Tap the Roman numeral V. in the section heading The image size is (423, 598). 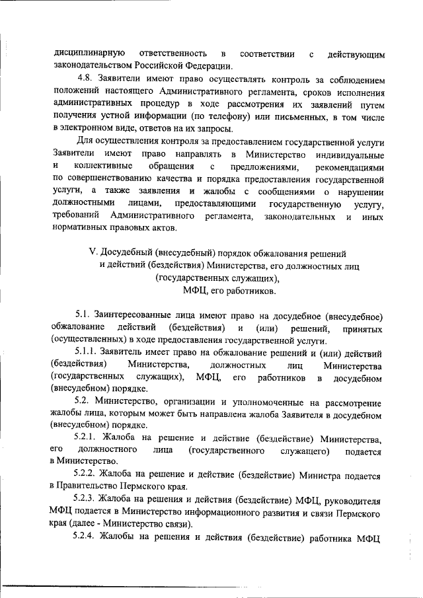pyautogui.click(x=93, y=252)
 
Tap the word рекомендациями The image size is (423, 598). pyautogui.click(x=349, y=166)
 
